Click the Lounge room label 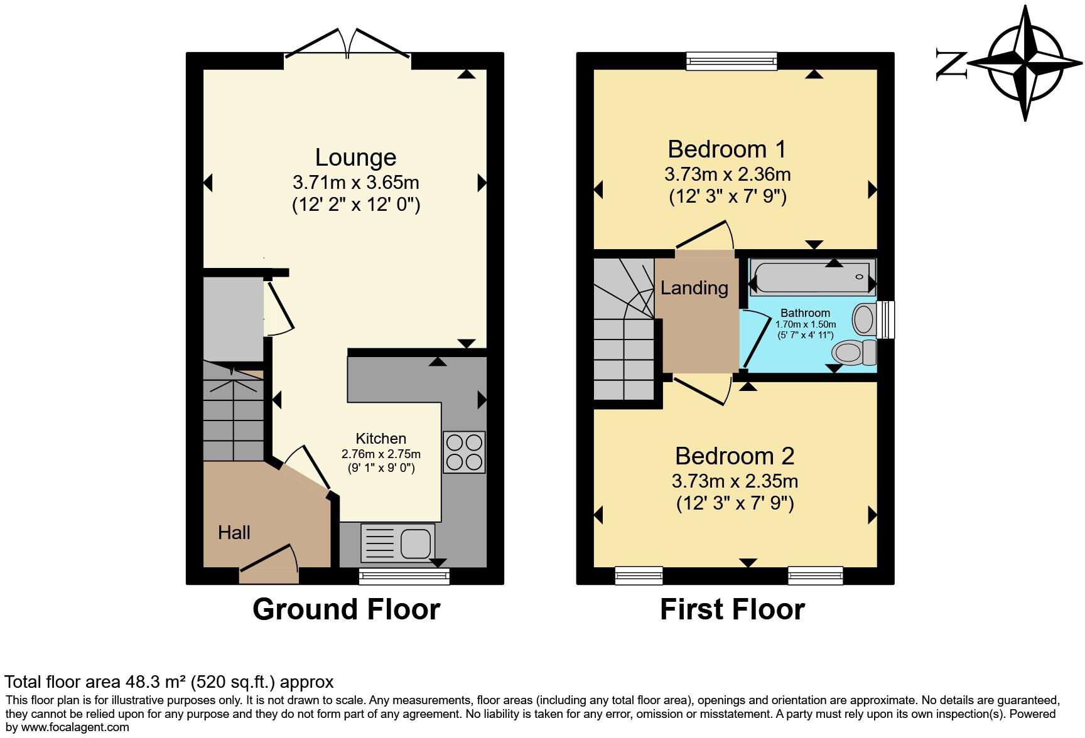pyautogui.click(x=355, y=158)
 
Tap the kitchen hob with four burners pyautogui.click(x=464, y=452)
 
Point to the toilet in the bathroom pyautogui.click(x=853, y=353)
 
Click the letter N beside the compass pyautogui.click(x=951, y=64)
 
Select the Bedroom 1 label pyautogui.click(x=726, y=149)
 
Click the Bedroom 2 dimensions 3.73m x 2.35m pyautogui.click(x=735, y=481)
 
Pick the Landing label pyautogui.click(x=694, y=288)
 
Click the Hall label pyautogui.click(x=234, y=533)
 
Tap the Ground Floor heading pyautogui.click(x=346, y=609)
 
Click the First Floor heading pyautogui.click(x=732, y=609)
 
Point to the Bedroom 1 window pyautogui.click(x=731, y=60)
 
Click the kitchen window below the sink pyautogui.click(x=404, y=576)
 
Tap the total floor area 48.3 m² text pyautogui.click(x=169, y=682)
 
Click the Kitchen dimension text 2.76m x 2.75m pyautogui.click(x=381, y=454)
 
